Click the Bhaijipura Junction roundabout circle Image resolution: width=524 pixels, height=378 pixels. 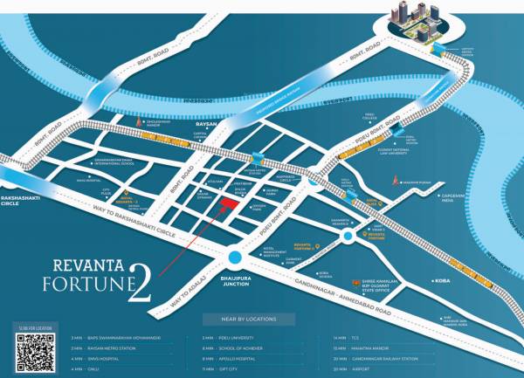click(x=235, y=256)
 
